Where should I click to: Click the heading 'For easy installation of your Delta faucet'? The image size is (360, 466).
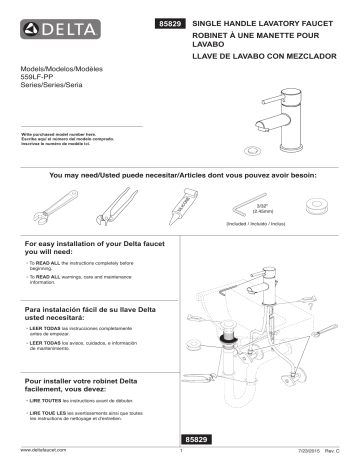tap(83, 248)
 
